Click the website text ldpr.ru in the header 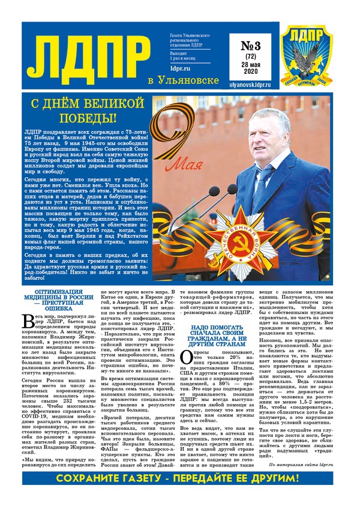tap(182, 77)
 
